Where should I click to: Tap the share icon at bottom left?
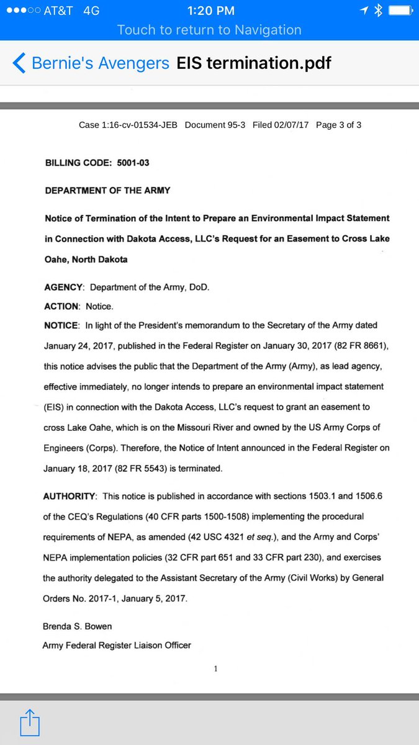click(30, 723)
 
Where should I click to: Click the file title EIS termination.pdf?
click(254, 63)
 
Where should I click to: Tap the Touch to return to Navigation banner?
click(209, 30)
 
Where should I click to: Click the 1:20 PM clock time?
click(210, 11)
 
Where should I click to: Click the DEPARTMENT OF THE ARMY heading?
click(107, 191)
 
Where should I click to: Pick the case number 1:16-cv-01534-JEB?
click(128, 125)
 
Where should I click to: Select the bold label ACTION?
click(62, 307)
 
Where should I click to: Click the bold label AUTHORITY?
click(70, 497)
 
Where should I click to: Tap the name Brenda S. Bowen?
click(78, 627)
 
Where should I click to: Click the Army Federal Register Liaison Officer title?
click(117, 645)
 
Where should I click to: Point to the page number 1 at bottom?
click(215, 669)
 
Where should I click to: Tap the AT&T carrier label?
click(58, 11)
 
